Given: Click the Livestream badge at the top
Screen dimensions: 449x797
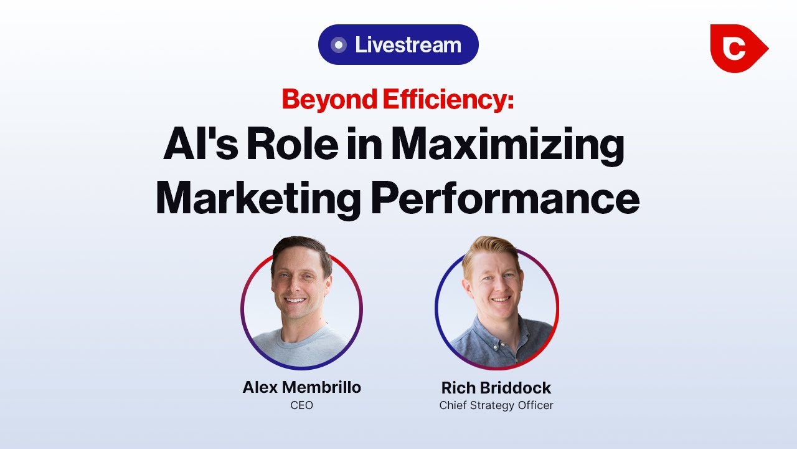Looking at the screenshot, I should [x=398, y=45].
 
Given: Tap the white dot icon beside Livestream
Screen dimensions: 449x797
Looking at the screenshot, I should [x=339, y=45].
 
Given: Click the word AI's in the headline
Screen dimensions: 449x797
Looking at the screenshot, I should [x=196, y=146].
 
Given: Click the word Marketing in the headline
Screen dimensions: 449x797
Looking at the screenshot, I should [x=258, y=198].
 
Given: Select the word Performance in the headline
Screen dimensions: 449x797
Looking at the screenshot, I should [x=505, y=198].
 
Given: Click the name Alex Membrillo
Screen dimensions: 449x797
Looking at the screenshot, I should [x=301, y=387].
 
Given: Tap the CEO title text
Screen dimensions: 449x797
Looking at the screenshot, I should [x=301, y=405].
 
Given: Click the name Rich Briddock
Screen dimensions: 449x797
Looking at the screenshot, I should [x=496, y=388].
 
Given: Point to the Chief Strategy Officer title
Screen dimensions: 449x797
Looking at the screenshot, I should [x=496, y=405].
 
